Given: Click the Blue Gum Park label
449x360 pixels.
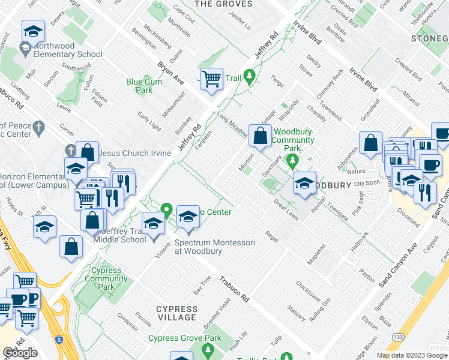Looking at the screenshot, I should point(139,86).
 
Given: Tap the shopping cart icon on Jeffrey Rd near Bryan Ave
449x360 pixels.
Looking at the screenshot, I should point(211,79).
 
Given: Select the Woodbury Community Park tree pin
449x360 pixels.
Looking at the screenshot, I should point(292,160).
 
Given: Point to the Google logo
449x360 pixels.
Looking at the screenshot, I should point(20,353).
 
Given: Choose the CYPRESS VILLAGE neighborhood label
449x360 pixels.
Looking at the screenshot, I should point(176,313).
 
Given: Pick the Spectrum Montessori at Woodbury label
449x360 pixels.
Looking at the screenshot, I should point(215,247).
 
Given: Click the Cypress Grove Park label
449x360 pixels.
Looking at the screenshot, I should point(185,338).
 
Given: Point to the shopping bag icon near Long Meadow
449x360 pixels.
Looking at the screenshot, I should point(261,136).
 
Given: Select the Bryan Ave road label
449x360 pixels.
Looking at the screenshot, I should point(170,72).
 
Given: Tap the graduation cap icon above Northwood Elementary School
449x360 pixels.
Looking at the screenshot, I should point(33,31).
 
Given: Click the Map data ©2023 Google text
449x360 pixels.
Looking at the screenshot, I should point(412,355).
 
